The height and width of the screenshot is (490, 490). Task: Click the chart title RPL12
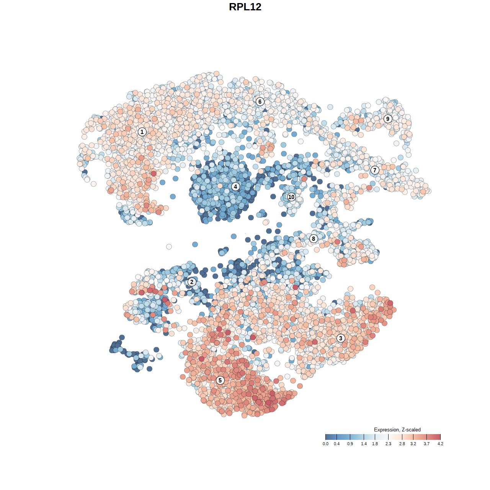click(245, 7)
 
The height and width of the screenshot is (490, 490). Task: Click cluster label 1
click(142, 132)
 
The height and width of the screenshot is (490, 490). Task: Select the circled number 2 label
click(192, 282)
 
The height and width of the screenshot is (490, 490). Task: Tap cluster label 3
click(340, 338)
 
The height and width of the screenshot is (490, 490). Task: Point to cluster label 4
click(235, 186)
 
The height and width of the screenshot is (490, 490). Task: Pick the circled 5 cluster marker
click(220, 380)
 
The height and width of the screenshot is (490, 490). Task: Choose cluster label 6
click(260, 101)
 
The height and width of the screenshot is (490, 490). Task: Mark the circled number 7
click(375, 170)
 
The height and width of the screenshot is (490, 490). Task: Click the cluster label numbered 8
click(314, 238)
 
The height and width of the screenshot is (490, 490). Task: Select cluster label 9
click(388, 119)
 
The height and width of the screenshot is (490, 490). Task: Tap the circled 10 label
click(291, 197)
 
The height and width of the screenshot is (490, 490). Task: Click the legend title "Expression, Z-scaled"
click(397, 430)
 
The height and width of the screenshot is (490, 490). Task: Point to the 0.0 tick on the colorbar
click(325, 444)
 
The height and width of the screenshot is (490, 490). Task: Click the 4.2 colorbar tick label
click(440, 444)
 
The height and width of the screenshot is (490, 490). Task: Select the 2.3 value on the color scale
click(388, 444)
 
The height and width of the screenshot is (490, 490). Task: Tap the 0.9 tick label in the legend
click(350, 444)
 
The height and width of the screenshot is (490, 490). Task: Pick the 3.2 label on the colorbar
click(413, 444)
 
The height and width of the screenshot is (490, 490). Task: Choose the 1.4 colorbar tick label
click(364, 444)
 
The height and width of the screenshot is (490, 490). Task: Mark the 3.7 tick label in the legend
click(426, 444)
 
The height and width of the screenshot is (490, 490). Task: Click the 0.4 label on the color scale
click(336, 444)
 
